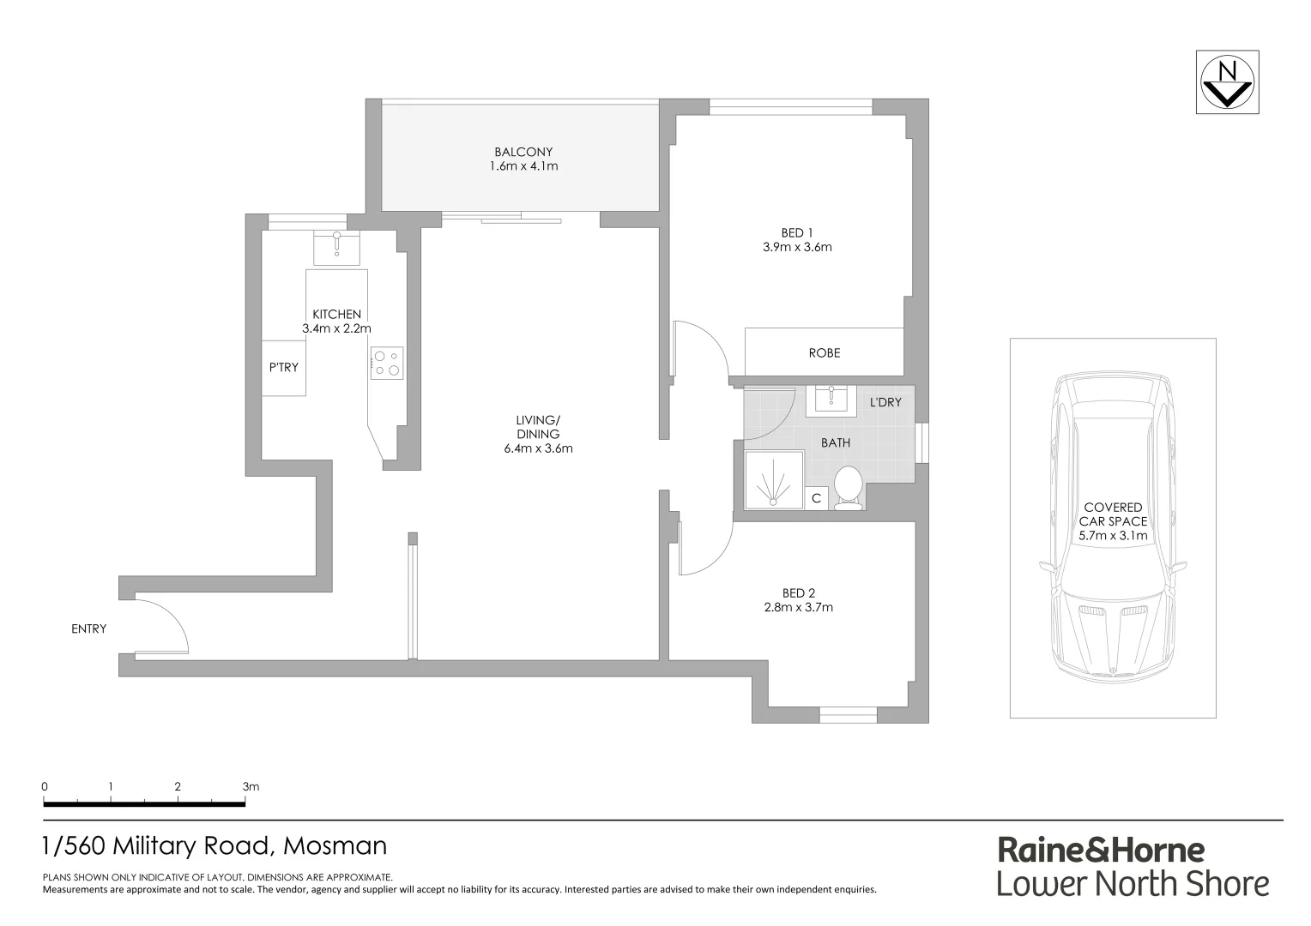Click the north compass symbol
tap(1229, 82)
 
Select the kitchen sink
tap(336, 247)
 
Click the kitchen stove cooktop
tap(387, 363)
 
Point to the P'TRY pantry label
tap(283, 367)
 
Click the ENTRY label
tap(89, 628)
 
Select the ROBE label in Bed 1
tap(824, 352)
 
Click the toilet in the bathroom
tap(848, 489)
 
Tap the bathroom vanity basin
tap(831, 399)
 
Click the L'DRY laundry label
tap(885, 402)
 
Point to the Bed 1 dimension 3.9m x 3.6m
tap(797, 247)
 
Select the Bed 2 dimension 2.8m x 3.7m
tap(798, 607)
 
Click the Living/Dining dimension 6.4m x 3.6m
tap(538, 448)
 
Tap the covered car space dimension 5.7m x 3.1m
tap(1113, 536)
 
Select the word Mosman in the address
tap(335, 845)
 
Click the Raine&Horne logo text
tap(1101, 850)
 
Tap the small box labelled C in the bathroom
tap(816, 498)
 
